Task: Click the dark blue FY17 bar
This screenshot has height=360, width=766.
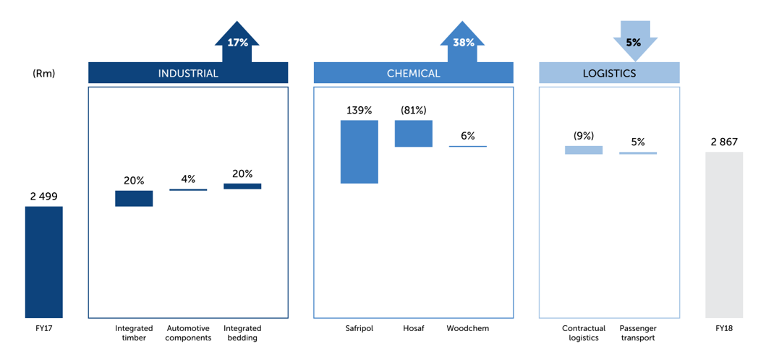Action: point(43,262)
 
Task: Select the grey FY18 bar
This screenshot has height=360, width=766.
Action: point(723,235)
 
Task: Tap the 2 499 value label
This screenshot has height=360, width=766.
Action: point(43,196)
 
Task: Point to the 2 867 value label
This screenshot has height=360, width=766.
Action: point(723,142)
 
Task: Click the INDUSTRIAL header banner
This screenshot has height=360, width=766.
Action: point(188,73)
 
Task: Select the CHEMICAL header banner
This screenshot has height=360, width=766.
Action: point(413,73)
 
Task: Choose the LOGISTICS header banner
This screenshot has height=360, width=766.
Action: point(609,73)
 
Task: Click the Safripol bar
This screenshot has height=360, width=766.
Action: point(359,152)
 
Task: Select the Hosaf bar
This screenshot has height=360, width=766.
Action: point(413,134)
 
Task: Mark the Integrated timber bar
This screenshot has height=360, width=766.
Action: point(134,198)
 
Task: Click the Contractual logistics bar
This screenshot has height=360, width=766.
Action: point(584,150)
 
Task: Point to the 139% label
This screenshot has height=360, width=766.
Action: point(359,111)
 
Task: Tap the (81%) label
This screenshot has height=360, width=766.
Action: point(413,111)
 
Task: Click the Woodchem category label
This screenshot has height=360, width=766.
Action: point(467,328)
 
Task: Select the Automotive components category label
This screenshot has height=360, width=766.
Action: point(188,333)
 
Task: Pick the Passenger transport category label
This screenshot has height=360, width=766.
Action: point(637,333)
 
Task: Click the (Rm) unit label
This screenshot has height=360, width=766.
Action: point(43,73)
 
